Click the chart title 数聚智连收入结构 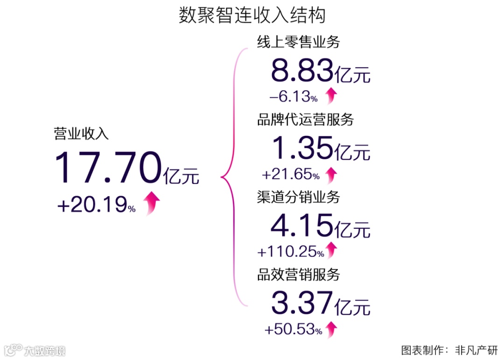click(252, 16)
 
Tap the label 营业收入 click(81, 134)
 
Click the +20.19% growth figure click(96, 205)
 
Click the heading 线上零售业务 click(298, 42)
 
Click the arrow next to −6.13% click(331, 96)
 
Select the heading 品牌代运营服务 click(305, 120)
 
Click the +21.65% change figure click(291, 175)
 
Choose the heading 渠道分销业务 click(298, 197)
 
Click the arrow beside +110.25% click(331, 250)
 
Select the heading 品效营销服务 click(298, 275)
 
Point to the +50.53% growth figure click(293, 330)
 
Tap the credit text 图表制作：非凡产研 click(449, 350)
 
